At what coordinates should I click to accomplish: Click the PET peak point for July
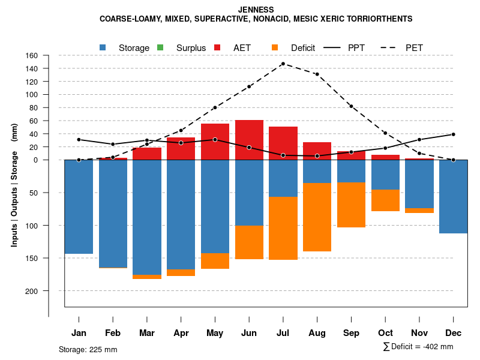tap(283, 64)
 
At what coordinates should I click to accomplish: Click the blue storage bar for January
tap(79, 207)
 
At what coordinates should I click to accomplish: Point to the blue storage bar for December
tap(453, 197)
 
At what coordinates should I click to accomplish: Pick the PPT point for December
tap(453, 134)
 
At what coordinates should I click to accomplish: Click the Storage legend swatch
tap(103, 47)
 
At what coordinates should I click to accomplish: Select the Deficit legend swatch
tap(275, 47)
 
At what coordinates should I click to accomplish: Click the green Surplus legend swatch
tap(160, 47)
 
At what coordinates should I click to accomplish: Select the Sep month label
tap(351, 333)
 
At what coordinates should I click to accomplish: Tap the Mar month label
tap(146, 333)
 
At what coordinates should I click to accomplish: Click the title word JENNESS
tap(256, 10)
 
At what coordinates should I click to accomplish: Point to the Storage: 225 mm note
tap(88, 349)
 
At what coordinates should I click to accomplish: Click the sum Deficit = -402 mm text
tap(418, 347)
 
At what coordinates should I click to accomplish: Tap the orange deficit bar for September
tap(351, 205)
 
